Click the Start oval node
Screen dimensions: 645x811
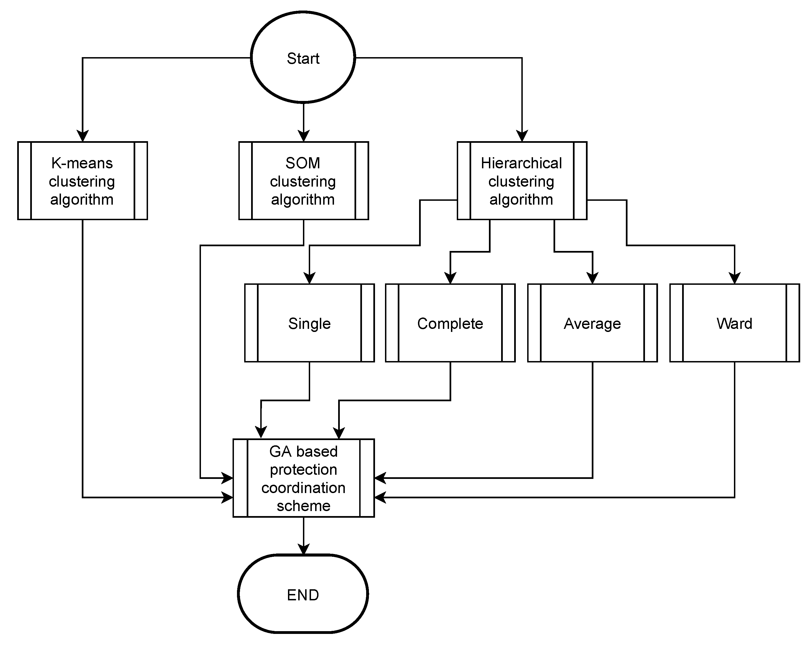coord(303,57)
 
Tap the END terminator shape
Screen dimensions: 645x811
coord(303,595)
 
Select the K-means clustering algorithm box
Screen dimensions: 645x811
coord(82,181)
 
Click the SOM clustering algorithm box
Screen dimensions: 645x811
coord(303,181)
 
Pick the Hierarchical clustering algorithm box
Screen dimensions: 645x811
coord(522,181)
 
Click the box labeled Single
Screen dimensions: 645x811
coord(309,323)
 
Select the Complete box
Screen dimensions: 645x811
coord(450,323)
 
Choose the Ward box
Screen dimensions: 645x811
coord(734,323)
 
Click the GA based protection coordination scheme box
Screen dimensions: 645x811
coord(303,478)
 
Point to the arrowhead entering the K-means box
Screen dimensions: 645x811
coord(82,136)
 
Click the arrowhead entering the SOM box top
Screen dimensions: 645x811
coord(303,136)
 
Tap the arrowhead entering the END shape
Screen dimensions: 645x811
coord(303,549)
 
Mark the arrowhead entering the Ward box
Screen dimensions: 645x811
coord(734,278)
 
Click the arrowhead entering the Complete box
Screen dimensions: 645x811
coord(450,278)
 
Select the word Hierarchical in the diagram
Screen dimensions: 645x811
coord(521,163)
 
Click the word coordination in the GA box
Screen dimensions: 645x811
coord(303,488)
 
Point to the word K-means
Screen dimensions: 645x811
coord(82,163)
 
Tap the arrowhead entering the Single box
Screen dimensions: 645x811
coord(309,278)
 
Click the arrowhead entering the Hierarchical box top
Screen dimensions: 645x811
coord(522,136)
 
